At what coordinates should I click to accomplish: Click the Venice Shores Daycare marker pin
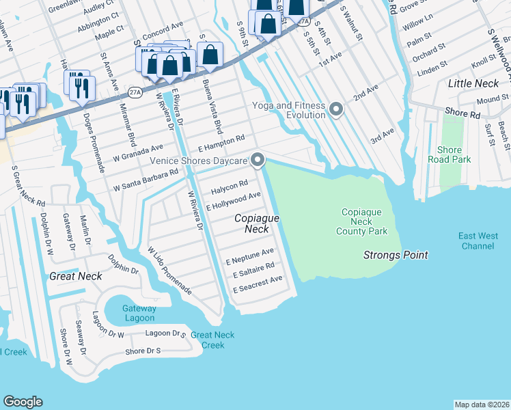(x=258, y=161)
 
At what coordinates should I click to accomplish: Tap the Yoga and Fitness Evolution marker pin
(x=335, y=109)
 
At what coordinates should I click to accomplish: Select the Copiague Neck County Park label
(x=361, y=222)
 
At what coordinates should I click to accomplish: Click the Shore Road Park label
(x=450, y=154)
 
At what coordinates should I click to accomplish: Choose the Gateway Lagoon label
(x=139, y=313)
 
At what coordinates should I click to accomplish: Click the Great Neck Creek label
(x=212, y=340)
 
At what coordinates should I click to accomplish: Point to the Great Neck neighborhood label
(x=76, y=276)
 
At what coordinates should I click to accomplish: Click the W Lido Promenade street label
(x=169, y=271)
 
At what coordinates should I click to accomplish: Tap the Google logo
(x=23, y=402)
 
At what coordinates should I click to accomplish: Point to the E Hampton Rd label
(x=221, y=143)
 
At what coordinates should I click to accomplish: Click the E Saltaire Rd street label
(x=253, y=269)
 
